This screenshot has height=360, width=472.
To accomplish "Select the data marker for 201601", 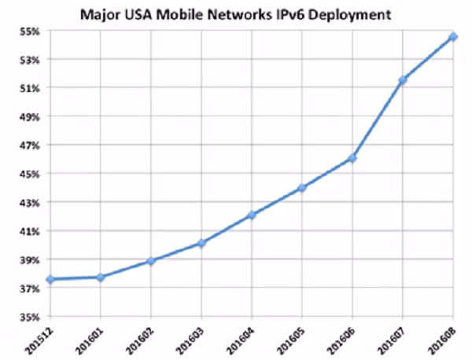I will click(x=101, y=277).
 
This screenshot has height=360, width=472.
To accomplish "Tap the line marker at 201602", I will click(x=151, y=260).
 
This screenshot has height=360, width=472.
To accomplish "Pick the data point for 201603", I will click(x=201, y=243).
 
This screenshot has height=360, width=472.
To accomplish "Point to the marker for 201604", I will click(x=252, y=215).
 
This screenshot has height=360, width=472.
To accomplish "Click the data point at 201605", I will click(x=302, y=188).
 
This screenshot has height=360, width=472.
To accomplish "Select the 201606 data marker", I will click(x=352, y=158).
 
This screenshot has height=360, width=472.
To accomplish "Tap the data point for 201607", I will click(x=403, y=80).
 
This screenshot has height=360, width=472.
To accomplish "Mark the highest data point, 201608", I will click(x=453, y=36).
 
